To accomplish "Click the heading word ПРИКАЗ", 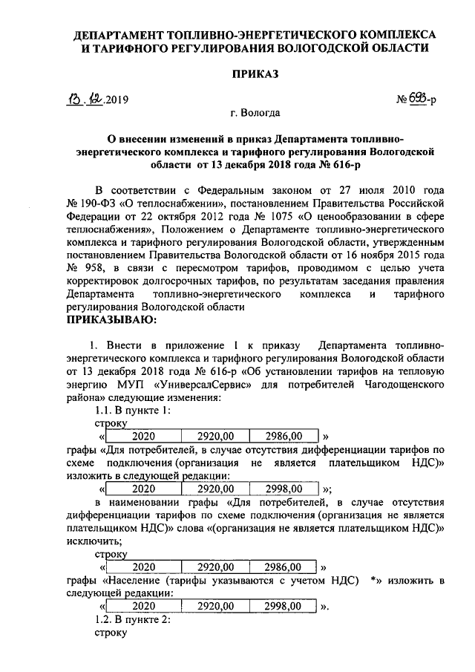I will [x=255, y=75].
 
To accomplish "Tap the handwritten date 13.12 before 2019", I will [x=84, y=99].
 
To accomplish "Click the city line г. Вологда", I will [x=255, y=114].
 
